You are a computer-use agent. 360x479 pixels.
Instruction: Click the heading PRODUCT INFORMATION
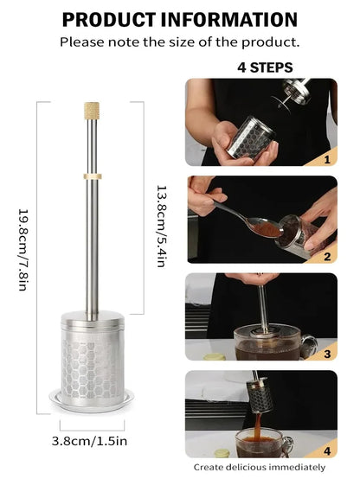180,19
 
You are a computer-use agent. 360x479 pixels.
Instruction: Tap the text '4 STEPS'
264,67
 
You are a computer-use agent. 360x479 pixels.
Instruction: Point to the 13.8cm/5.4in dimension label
160,226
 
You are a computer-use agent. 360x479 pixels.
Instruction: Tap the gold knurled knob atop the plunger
92,110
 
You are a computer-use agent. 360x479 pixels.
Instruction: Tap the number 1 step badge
327,158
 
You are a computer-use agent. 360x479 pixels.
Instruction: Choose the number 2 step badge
327,256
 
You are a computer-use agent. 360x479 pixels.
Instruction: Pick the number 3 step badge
327,354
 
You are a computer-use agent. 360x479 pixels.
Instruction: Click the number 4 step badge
327,450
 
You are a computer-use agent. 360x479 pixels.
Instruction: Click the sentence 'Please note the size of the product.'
180,42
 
